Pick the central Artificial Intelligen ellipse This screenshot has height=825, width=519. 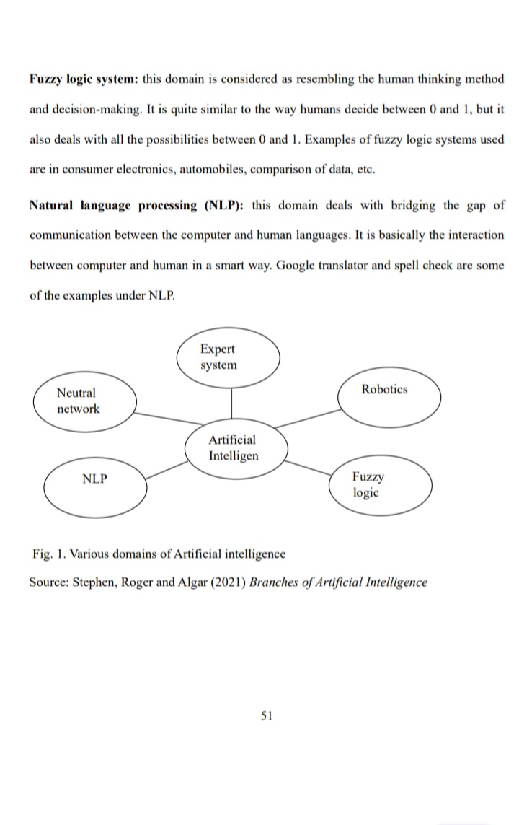[236, 448]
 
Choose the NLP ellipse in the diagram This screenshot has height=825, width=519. [96, 486]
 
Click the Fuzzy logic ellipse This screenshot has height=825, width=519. [383, 485]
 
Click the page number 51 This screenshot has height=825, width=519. [266, 716]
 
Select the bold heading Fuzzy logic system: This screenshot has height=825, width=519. [84, 79]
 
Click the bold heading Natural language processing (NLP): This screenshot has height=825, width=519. [136, 205]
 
